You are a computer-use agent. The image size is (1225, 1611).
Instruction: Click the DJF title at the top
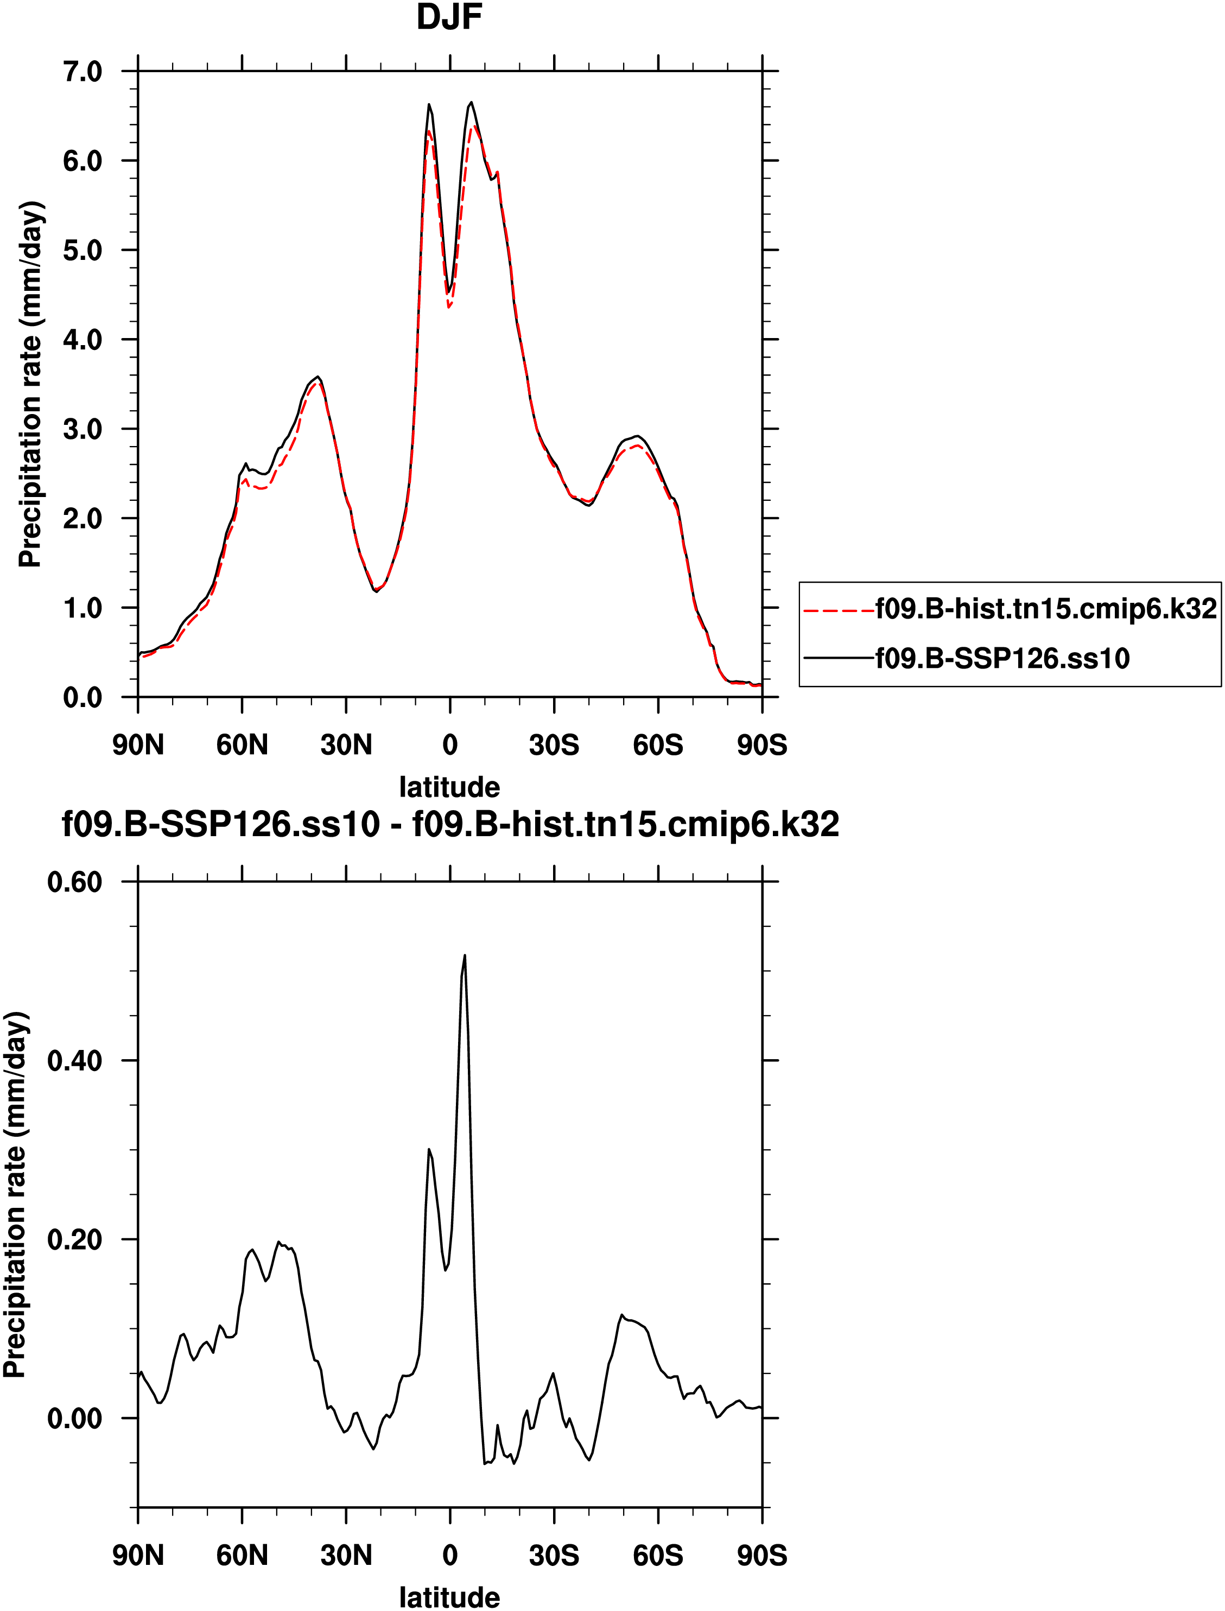449,17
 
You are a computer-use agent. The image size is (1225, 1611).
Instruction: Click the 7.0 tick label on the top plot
82,72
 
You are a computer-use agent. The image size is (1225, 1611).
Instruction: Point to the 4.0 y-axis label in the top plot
82,340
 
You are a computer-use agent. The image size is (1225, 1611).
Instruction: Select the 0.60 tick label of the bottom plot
74,882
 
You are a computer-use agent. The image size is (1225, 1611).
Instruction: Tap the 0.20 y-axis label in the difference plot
74,1239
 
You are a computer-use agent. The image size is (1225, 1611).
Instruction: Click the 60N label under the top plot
242,745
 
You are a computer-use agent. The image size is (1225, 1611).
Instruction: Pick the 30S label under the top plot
554,745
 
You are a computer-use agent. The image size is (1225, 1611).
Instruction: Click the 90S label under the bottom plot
762,1556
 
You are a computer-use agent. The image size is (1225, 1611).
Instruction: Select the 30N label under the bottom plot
346,1556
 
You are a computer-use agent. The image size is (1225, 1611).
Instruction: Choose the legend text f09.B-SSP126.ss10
1002,658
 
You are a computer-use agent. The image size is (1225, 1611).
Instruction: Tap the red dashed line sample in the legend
839,610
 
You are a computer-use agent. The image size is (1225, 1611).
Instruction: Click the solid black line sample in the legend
839,659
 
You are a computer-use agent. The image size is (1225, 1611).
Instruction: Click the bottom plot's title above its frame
450,824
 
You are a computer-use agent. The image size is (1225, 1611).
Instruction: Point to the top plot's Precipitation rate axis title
30,384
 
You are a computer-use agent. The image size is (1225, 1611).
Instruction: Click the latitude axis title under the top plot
449,787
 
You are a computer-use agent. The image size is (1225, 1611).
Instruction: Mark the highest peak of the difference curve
465,956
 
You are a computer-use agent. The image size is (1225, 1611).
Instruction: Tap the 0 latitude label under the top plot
450,745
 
